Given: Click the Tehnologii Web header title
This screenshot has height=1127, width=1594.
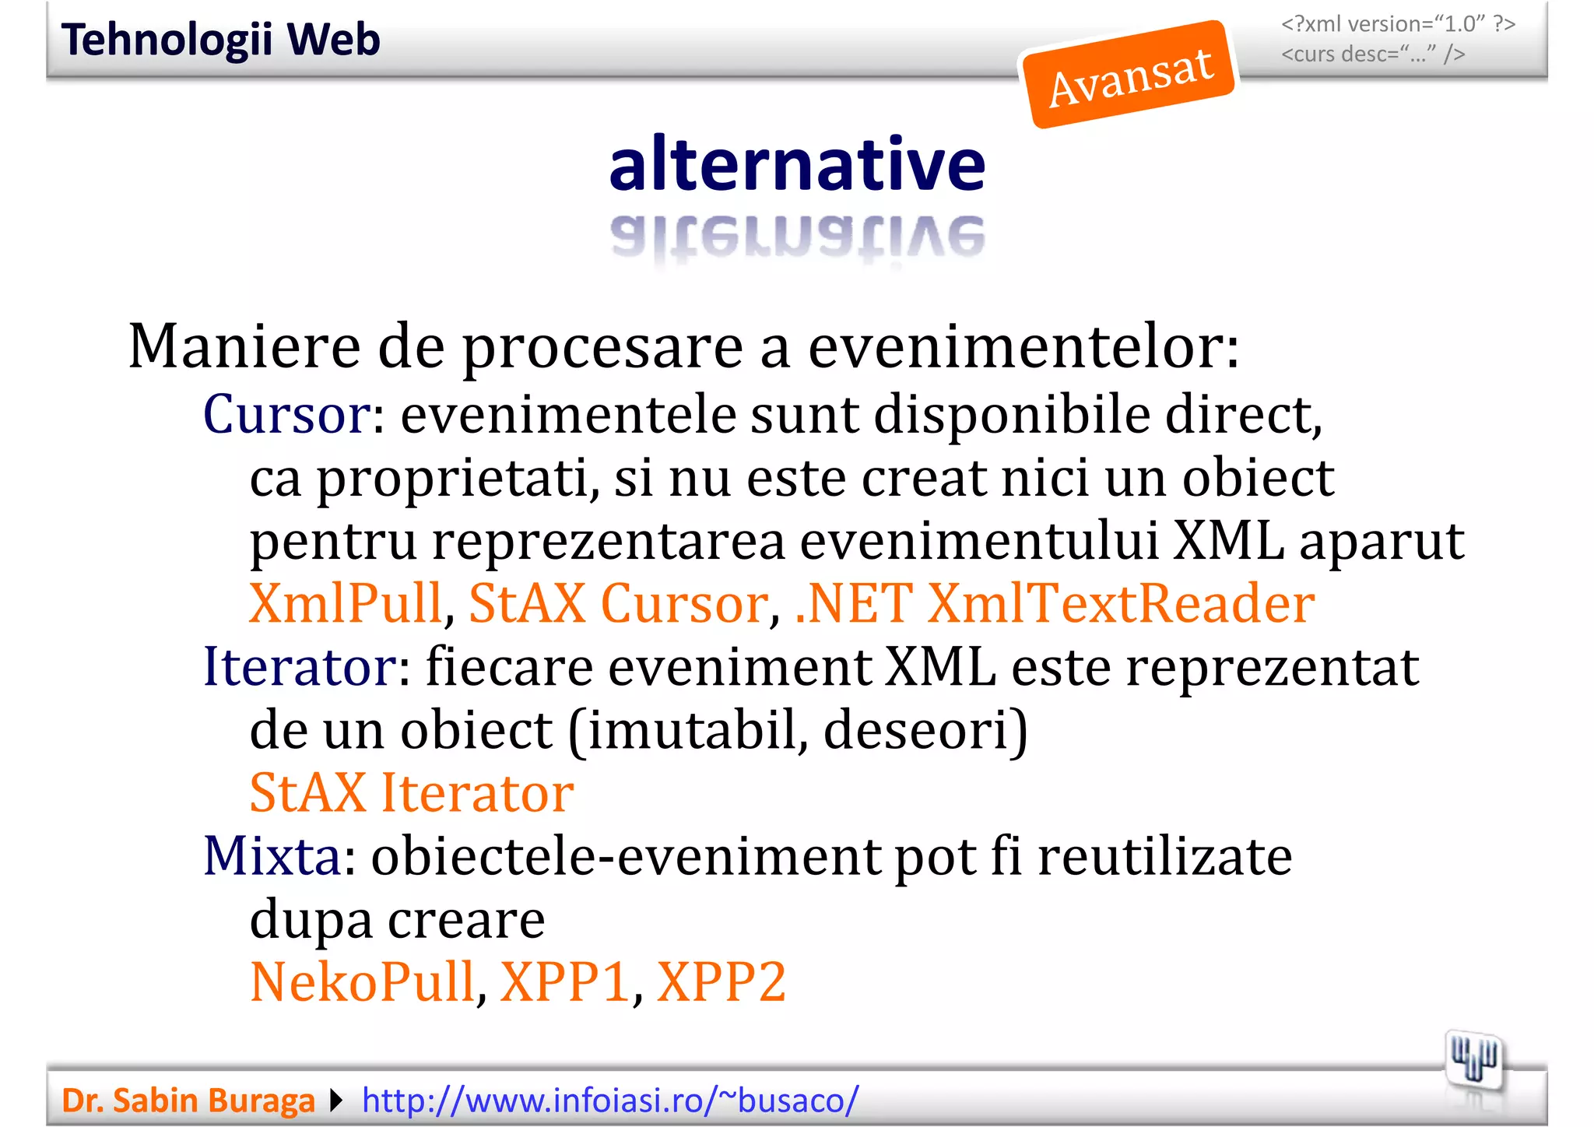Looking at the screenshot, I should pyautogui.click(x=220, y=40).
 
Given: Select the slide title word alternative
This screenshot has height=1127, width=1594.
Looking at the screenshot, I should pyautogui.click(x=797, y=164).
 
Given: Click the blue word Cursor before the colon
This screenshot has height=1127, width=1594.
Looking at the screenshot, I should pyautogui.click(x=286, y=415).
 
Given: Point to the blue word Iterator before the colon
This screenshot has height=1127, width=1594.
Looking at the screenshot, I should pyautogui.click(x=300, y=667).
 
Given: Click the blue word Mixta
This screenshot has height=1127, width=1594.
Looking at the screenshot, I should pyautogui.click(x=272, y=856).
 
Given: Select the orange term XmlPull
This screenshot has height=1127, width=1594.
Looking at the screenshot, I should pyautogui.click(x=346, y=604).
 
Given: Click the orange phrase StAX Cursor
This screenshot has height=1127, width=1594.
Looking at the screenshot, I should pyautogui.click(x=619, y=604).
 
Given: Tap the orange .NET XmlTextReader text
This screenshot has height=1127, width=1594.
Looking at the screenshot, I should pyautogui.click(x=1055, y=604).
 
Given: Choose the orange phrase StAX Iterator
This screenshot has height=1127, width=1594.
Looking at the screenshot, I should pyautogui.click(x=411, y=793).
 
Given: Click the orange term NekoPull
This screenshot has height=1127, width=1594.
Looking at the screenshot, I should pyautogui.click(x=362, y=982).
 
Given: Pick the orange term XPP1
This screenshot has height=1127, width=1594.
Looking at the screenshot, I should pyautogui.click(x=564, y=982).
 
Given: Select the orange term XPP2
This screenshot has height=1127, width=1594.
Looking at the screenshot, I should pyautogui.click(x=721, y=982).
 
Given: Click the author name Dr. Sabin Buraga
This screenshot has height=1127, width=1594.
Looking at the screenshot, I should pyautogui.click(x=188, y=1101).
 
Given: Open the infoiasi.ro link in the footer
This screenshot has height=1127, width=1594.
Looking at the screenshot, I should pyautogui.click(x=610, y=1101).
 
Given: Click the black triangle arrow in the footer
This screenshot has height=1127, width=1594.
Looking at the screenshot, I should pyautogui.click(x=336, y=1101).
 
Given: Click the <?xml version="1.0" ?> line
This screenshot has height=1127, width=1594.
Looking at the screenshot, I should pyautogui.click(x=1398, y=25).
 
